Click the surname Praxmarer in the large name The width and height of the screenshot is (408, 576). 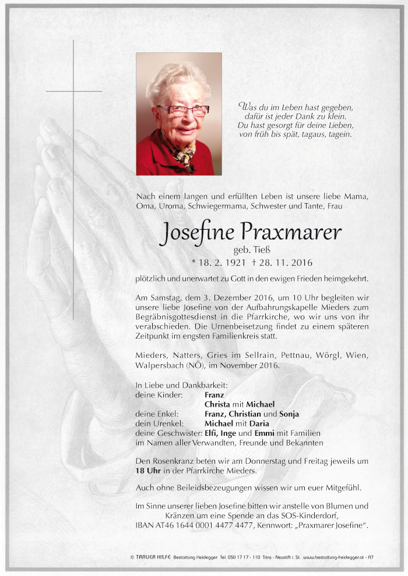[297, 233]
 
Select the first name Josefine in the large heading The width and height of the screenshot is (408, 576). [196, 233]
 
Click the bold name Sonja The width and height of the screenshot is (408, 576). [289, 414]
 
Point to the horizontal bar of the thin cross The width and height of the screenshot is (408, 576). [74, 91]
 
